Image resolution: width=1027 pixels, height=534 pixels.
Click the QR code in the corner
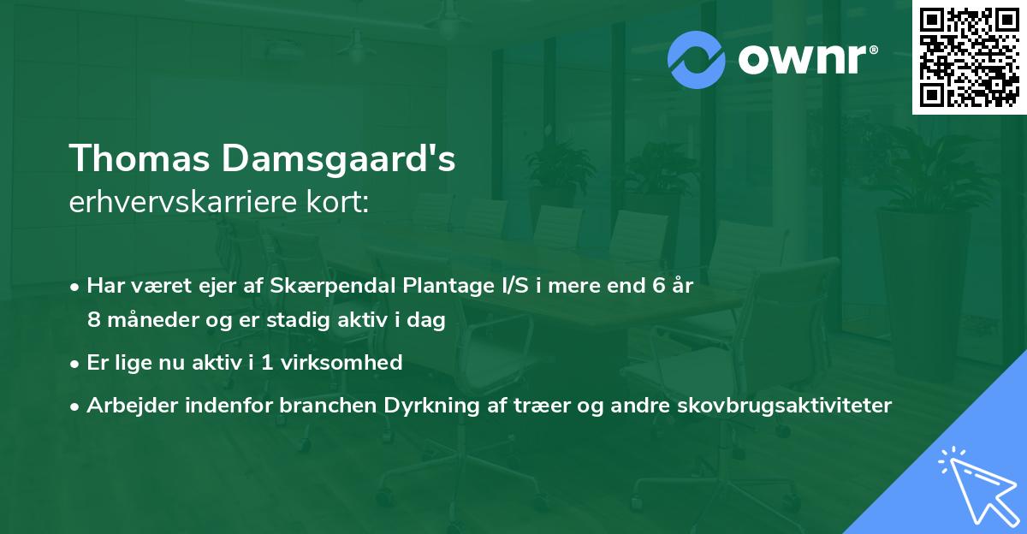(x=969, y=57)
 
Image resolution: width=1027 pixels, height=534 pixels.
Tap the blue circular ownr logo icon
(x=696, y=59)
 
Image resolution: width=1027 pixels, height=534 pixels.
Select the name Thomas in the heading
(x=141, y=159)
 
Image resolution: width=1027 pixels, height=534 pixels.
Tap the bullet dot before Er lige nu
(x=76, y=363)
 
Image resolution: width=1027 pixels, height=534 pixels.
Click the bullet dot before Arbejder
(x=76, y=406)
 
